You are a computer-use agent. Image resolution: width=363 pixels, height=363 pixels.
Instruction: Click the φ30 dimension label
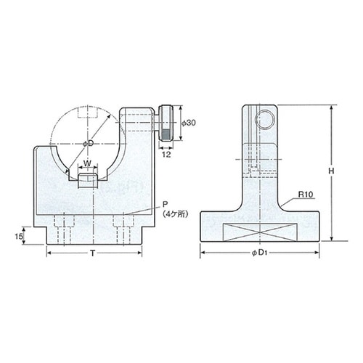point(189,123)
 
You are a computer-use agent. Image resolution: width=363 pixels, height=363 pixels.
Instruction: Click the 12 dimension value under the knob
point(166,154)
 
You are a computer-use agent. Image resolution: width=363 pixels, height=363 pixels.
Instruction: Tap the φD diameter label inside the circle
point(88,144)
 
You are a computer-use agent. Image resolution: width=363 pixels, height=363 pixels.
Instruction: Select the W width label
point(88,163)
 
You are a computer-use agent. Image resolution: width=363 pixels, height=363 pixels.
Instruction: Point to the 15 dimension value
point(19,236)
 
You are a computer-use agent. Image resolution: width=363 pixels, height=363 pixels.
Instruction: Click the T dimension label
point(92,253)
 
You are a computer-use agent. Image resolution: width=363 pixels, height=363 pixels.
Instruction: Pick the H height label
point(331,171)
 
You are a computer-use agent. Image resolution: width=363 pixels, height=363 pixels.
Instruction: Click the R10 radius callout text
point(306,195)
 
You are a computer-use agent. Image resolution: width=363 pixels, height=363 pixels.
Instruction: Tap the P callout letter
point(165,205)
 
